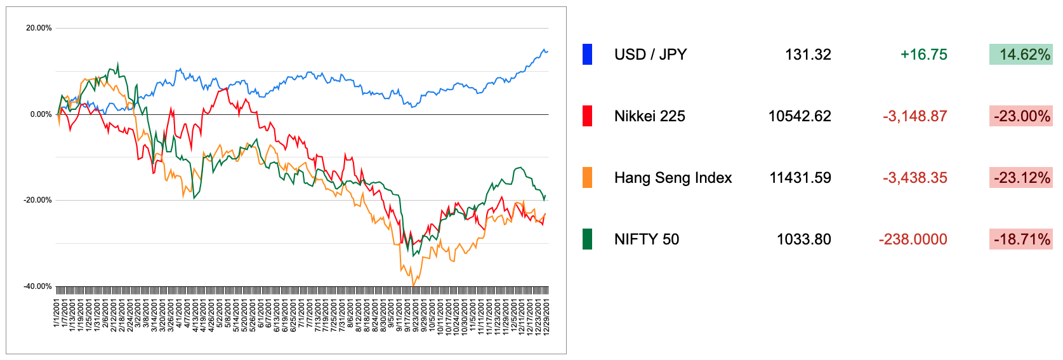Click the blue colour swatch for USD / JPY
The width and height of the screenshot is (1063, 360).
tap(587, 55)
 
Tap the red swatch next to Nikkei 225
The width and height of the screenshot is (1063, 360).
tap(587, 116)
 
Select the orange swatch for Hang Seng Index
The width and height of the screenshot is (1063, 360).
tap(587, 178)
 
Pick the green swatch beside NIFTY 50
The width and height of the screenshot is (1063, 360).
tap(587, 239)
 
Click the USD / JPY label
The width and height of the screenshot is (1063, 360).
tap(650, 55)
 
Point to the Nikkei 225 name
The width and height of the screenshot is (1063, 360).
tap(649, 116)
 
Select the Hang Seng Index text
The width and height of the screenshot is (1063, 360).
tap(673, 178)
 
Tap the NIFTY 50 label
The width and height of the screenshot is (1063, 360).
tap(646, 239)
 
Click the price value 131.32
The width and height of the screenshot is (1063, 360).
tap(807, 55)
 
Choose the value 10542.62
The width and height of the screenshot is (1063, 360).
tap(799, 116)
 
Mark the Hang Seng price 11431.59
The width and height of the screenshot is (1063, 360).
tap(800, 178)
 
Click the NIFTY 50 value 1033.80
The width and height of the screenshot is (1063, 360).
tap(803, 239)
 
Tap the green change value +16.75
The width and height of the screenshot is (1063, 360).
tap(923, 55)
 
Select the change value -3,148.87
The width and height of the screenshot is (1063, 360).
tap(914, 116)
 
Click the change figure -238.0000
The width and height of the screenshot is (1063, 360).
tap(913, 239)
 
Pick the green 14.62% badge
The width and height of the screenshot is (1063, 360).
tap(1020, 55)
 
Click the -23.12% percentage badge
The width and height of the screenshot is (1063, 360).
tap(1020, 178)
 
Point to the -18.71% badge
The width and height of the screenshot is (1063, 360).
tap(1020, 239)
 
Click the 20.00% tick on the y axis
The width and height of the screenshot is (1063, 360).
tap(39, 28)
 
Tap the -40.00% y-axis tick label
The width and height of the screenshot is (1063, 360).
tap(37, 286)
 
